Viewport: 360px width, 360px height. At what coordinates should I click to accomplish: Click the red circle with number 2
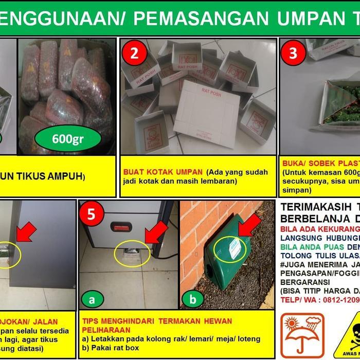(x=134, y=53)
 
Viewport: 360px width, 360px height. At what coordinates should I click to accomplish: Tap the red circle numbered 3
(x=293, y=53)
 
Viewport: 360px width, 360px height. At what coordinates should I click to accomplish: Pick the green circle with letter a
(x=92, y=297)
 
